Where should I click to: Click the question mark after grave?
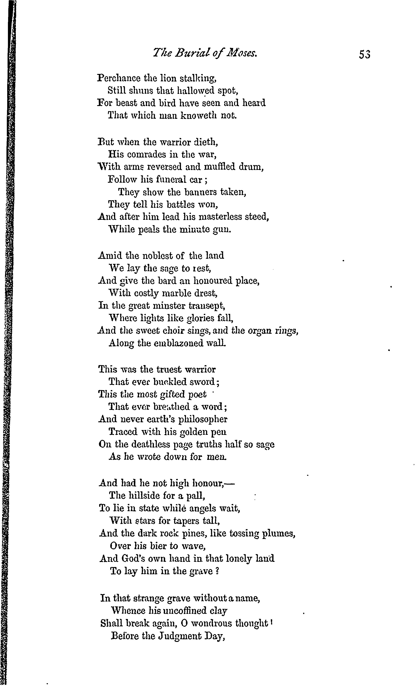[x=217, y=571]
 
